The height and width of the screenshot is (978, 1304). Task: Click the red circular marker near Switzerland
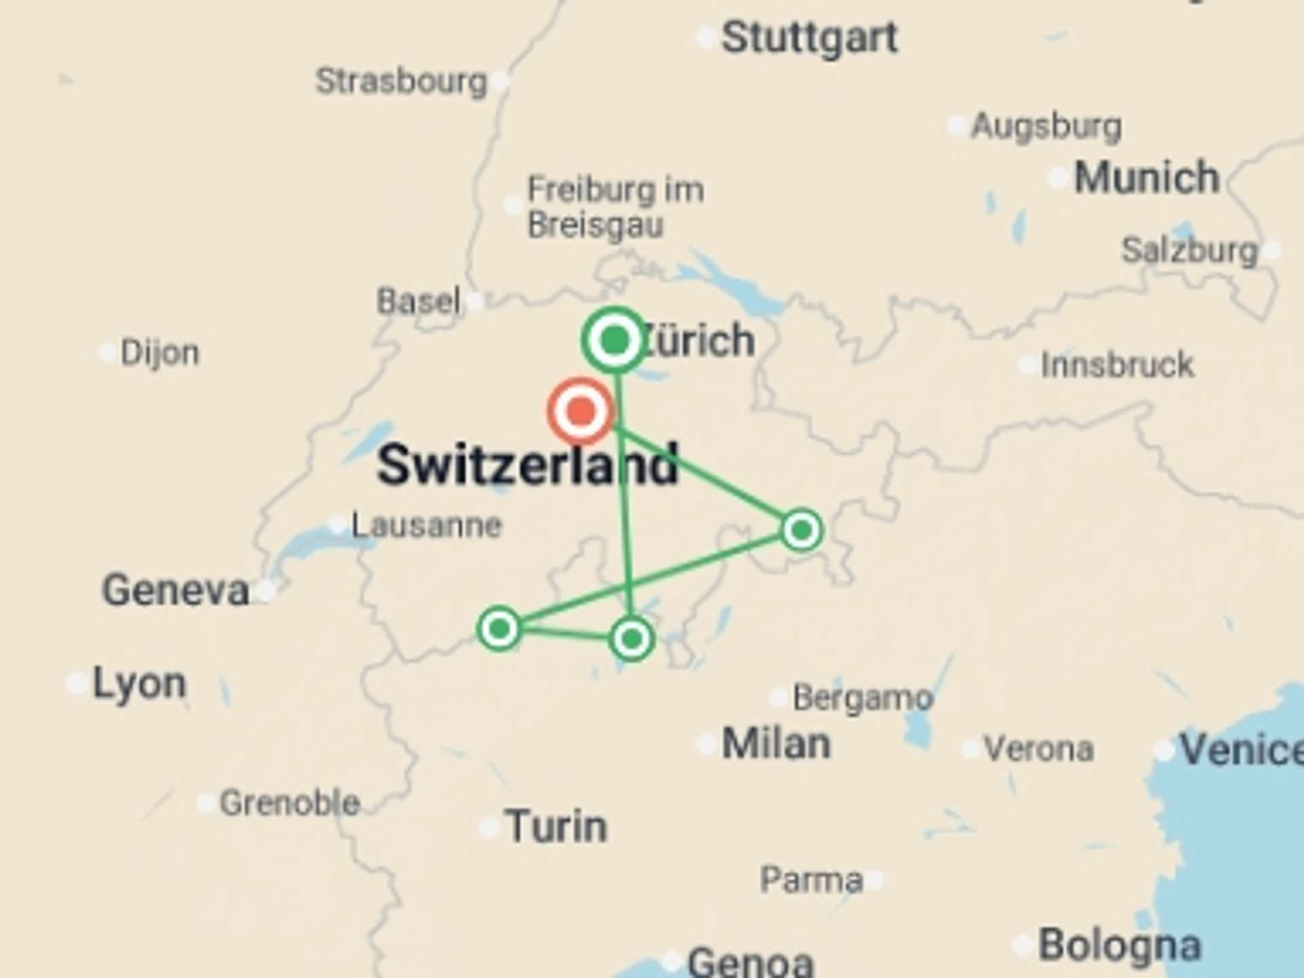point(581,411)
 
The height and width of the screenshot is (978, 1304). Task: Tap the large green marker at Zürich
point(615,340)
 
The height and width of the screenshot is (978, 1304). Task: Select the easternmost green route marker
point(801,530)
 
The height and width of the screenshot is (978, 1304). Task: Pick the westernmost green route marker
point(499,629)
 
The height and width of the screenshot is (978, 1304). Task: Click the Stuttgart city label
point(809,37)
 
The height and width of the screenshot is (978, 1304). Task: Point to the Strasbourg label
point(401,81)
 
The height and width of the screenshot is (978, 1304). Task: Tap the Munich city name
point(1146,178)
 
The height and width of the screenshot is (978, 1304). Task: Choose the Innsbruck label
point(1117,365)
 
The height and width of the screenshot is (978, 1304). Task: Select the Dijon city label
point(160,353)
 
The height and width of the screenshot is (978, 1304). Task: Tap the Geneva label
point(175,590)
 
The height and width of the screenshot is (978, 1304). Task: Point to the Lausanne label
point(427,525)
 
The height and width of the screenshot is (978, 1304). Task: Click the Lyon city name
point(139,683)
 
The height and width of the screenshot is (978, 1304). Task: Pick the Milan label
point(776,744)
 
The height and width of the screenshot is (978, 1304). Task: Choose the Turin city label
point(556,827)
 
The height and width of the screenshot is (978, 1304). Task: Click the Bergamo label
point(863,698)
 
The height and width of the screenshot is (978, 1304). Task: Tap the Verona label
point(1038,749)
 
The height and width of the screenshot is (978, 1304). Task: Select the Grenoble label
point(289,803)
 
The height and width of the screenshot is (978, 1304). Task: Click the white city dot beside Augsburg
point(958,126)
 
